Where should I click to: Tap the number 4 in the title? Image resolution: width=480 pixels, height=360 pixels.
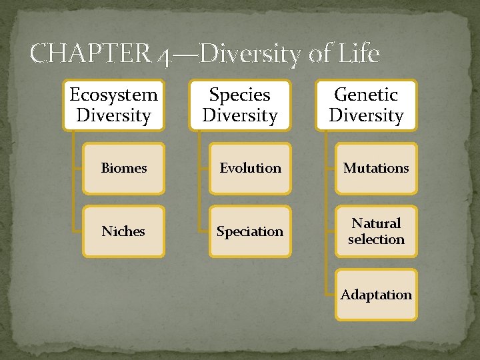(x=164, y=55)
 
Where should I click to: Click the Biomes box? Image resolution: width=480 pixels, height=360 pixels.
(x=123, y=169)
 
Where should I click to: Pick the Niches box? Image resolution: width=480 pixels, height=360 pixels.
(x=123, y=231)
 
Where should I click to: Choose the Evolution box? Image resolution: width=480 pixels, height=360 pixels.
(x=250, y=169)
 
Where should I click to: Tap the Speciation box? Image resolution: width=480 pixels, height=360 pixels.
(x=250, y=231)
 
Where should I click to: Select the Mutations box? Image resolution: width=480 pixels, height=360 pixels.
(x=376, y=169)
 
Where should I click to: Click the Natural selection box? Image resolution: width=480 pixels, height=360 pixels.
(x=376, y=231)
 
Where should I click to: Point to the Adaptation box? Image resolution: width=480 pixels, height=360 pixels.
(x=376, y=295)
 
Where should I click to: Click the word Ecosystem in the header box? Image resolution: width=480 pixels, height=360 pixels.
(x=113, y=95)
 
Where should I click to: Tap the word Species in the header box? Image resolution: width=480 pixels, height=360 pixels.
(x=240, y=95)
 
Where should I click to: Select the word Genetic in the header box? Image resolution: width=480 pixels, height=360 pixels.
(x=366, y=95)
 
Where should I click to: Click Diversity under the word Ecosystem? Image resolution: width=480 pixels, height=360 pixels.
(x=113, y=115)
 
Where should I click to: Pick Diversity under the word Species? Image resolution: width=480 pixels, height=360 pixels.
(x=240, y=115)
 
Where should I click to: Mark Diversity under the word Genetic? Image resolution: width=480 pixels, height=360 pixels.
(x=366, y=115)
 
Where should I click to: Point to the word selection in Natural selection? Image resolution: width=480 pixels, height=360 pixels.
(x=376, y=239)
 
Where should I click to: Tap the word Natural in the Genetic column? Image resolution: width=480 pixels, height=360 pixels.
(x=376, y=223)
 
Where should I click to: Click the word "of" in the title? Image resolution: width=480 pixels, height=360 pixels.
(x=318, y=53)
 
